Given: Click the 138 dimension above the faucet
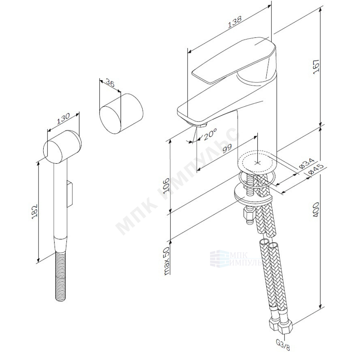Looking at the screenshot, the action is (x=234, y=22).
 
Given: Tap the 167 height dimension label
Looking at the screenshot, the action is (x=316, y=67).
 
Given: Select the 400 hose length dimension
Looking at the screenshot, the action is (x=316, y=210).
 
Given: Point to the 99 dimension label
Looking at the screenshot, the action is (x=227, y=149).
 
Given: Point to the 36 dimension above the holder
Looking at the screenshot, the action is (x=110, y=83).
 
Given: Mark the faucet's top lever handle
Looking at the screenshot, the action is (x=234, y=60).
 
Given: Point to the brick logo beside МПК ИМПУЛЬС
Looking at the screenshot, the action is (x=219, y=259).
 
